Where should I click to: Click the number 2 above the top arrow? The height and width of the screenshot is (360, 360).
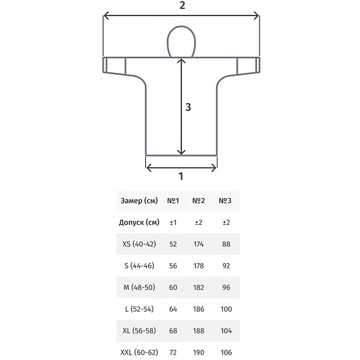[182, 5]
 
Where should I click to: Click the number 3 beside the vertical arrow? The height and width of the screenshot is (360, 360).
[188, 107]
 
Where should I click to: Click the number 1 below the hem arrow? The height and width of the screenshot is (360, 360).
[181, 177]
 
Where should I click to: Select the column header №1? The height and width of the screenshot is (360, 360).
[173, 201]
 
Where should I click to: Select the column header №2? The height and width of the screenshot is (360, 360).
[199, 201]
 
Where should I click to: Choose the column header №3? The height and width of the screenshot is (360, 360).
[225, 201]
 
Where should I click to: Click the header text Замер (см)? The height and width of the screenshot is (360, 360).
[139, 201]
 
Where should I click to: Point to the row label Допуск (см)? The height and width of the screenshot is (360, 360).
[139, 222]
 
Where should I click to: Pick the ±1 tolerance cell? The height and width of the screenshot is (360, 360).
[173, 222]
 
